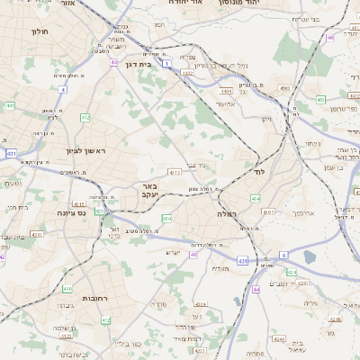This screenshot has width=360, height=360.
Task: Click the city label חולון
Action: (x=39, y=32)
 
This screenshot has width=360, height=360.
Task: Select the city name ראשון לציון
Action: (x=85, y=151)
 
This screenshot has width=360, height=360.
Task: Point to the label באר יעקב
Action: (x=149, y=189)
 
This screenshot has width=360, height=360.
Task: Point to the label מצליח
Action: (x=220, y=268)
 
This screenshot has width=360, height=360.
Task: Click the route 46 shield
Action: (x=330, y=37)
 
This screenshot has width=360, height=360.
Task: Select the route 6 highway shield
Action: (x=283, y=255)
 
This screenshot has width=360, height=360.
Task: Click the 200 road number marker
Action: (x=166, y=218)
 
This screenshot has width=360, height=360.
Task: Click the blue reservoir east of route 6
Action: (x=310, y=257)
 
